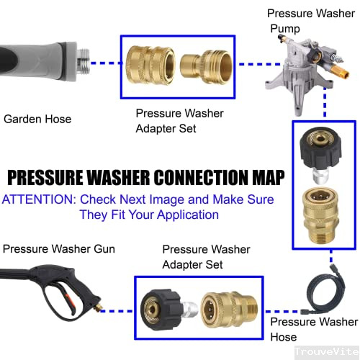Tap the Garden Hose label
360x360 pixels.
[37, 119]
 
